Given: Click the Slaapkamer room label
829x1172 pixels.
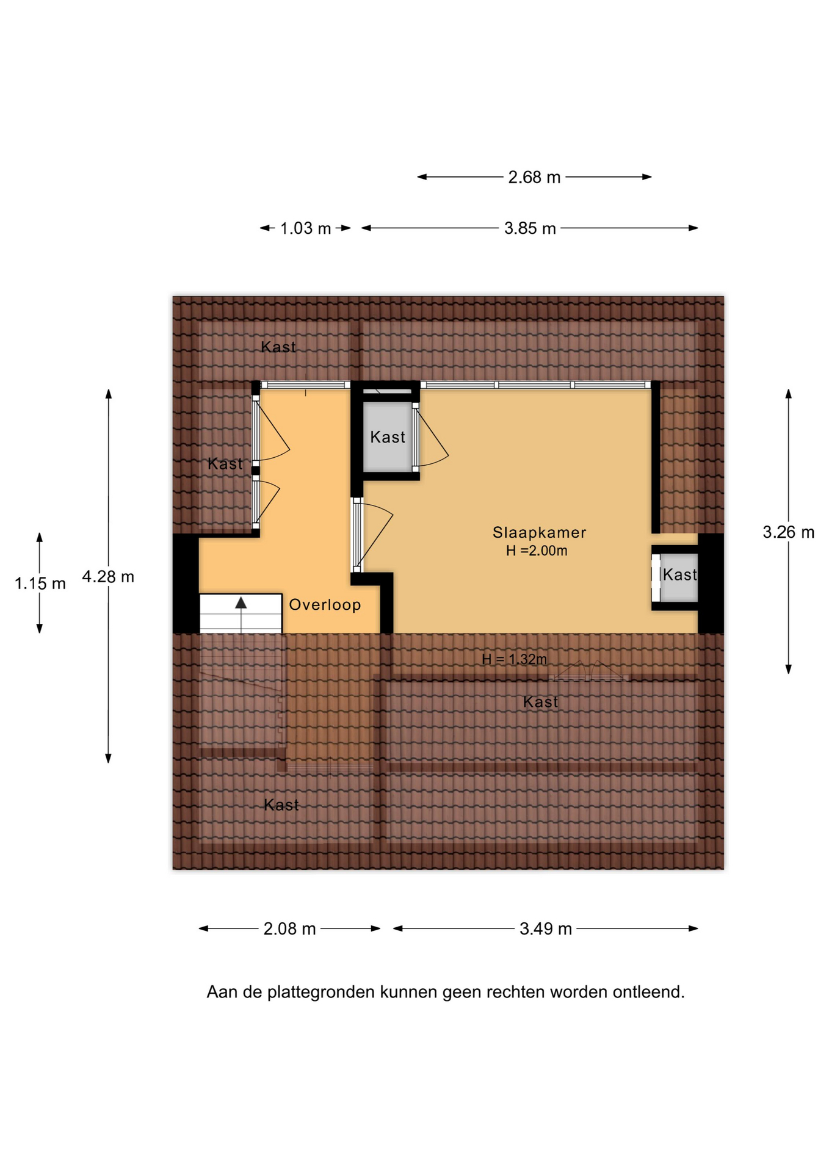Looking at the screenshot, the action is (x=539, y=532).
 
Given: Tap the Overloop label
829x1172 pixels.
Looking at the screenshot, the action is (x=325, y=605).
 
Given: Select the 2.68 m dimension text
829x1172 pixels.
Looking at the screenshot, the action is (x=534, y=177).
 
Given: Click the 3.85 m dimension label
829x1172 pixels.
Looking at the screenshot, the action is (x=530, y=228).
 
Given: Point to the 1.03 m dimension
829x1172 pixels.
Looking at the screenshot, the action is (x=305, y=228).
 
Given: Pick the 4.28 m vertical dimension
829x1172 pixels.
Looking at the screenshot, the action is (x=108, y=576).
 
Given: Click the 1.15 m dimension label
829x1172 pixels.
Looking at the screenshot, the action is (x=40, y=584).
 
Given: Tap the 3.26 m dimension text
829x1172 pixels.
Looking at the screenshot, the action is (x=788, y=532).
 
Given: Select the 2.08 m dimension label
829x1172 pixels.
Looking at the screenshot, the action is (x=289, y=928).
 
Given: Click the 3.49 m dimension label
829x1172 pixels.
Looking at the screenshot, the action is (x=546, y=928).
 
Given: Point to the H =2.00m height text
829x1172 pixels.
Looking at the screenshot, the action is (x=537, y=551).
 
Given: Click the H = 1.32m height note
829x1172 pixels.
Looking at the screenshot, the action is (x=514, y=659).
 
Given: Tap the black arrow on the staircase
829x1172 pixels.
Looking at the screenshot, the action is (x=241, y=602).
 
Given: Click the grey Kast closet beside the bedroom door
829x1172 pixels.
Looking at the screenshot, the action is (x=388, y=437).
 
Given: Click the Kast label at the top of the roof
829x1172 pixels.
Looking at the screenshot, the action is (x=278, y=347).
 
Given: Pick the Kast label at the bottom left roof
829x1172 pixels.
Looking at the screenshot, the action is (x=281, y=805).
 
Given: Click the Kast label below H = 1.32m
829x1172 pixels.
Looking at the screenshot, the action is (x=541, y=702).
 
